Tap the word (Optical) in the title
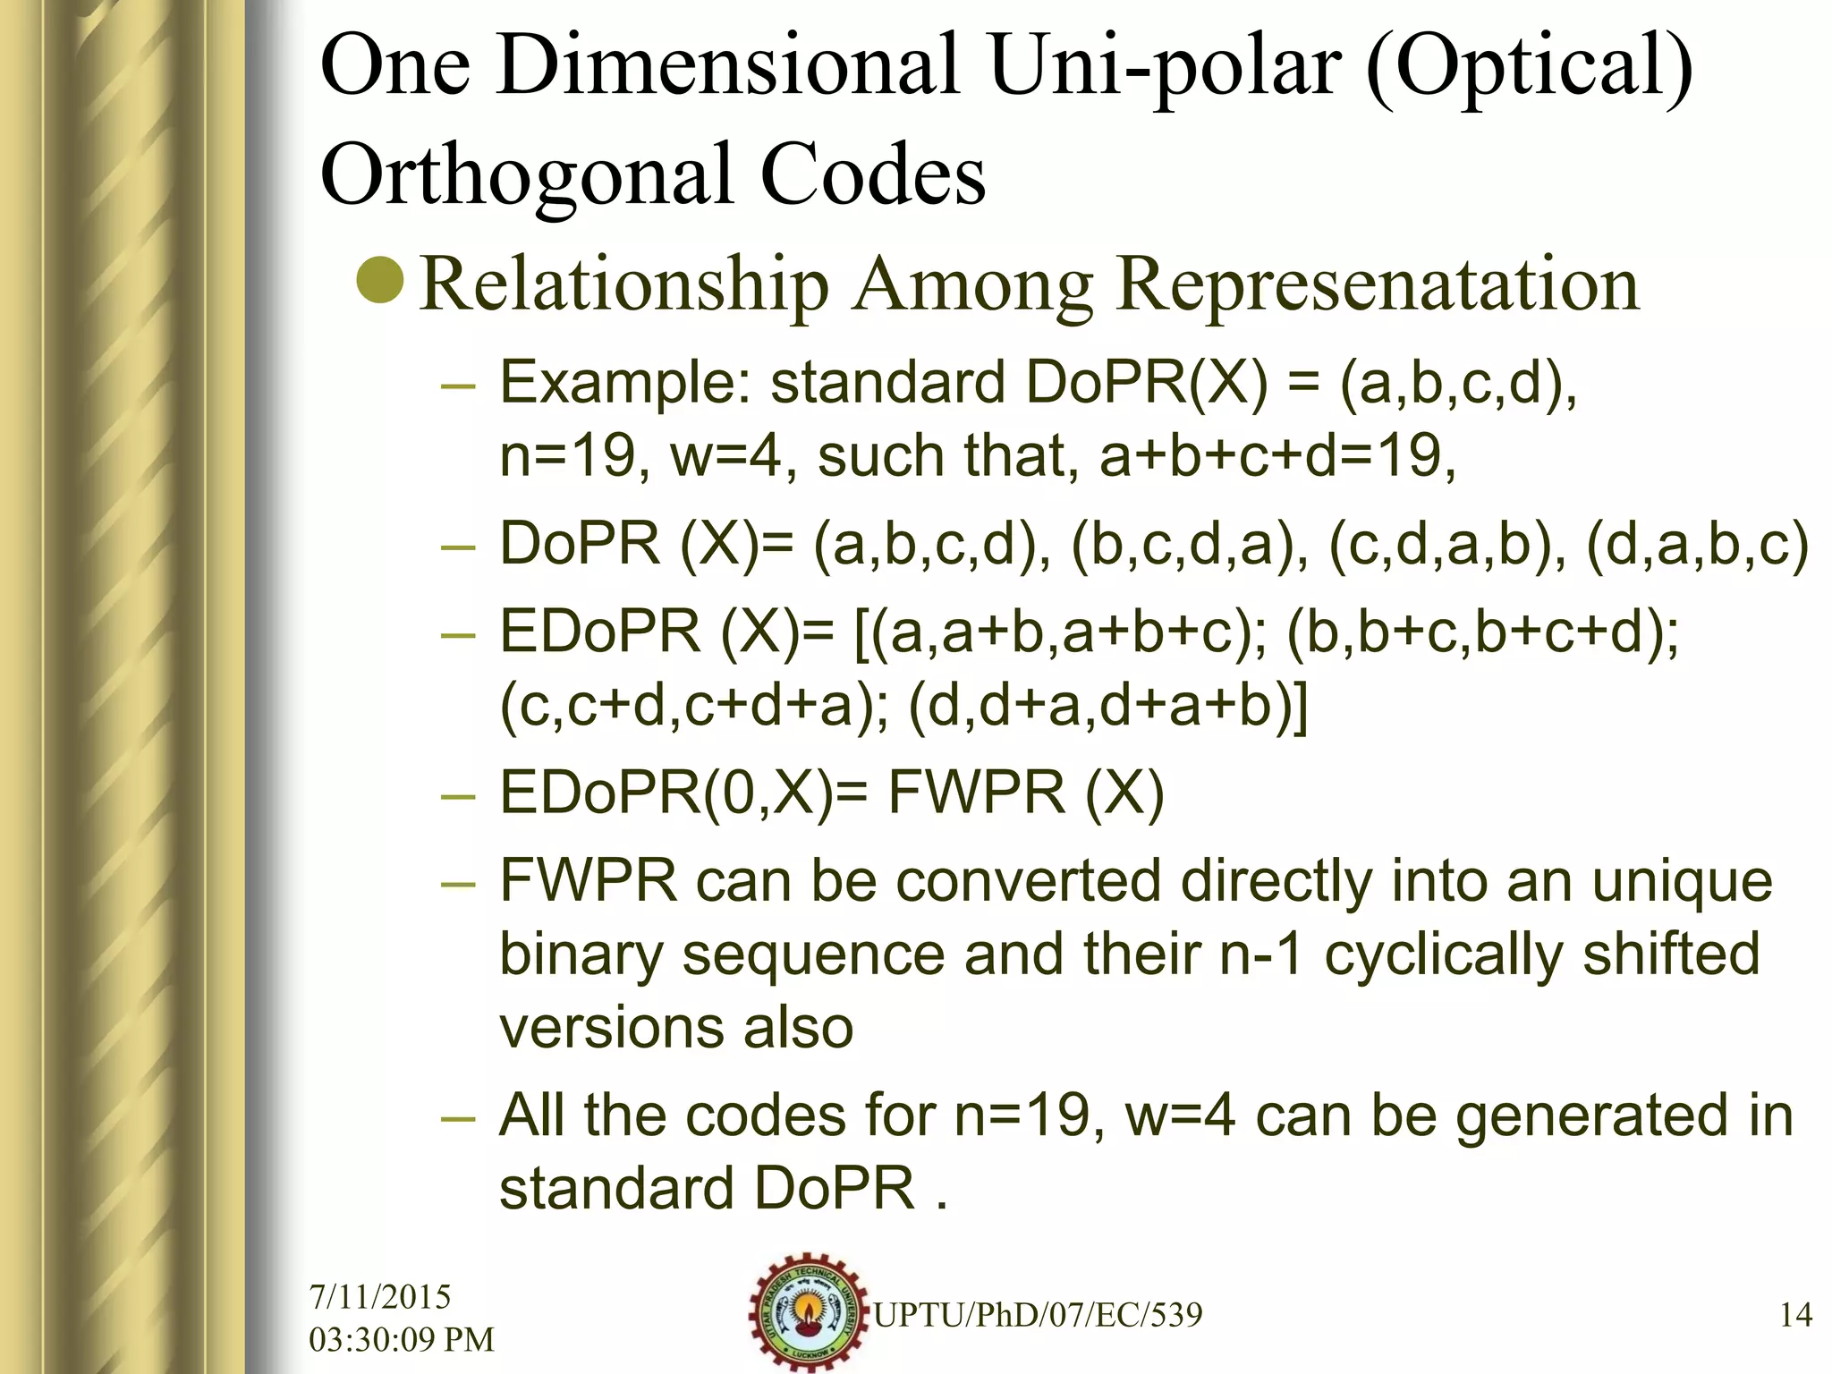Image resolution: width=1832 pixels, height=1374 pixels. tap(1530, 68)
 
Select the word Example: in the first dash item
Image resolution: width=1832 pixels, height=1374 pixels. tap(625, 383)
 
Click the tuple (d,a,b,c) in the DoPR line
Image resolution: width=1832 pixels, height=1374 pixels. tap(1697, 545)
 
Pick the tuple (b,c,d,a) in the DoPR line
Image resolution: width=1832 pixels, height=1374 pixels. tap(1184, 545)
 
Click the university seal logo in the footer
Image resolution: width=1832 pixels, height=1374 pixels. tap(809, 1310)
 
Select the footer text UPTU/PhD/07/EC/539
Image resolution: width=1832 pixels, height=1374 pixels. tap(1038, 1315)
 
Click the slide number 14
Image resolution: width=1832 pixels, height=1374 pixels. tap(1795, 1315)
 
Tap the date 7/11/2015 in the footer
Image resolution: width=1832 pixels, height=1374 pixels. tap(380, 1297)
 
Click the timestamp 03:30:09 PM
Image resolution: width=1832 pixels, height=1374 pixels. tap(402, 1339)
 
